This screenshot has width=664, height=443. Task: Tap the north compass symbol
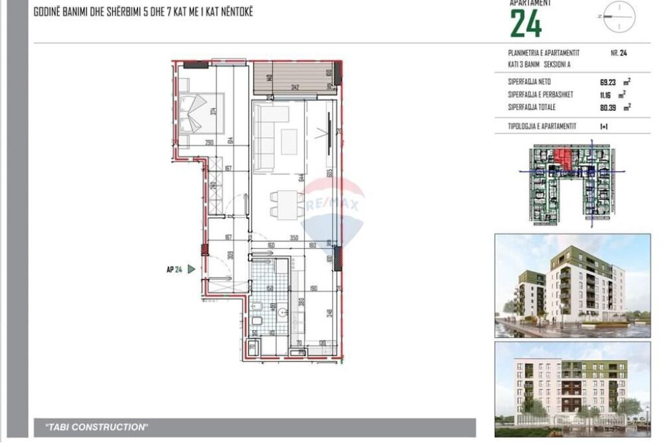[618, 16]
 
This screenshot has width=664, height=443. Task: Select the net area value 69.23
[608, 82]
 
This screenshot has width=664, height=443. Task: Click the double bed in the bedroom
[200, 114]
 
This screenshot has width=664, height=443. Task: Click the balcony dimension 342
[295, 87]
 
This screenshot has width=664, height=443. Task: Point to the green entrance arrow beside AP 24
[191, 269]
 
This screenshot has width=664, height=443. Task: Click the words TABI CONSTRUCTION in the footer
[97, 427]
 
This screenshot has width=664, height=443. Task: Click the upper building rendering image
[573, 285]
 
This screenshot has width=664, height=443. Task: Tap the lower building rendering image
[573, 389]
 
